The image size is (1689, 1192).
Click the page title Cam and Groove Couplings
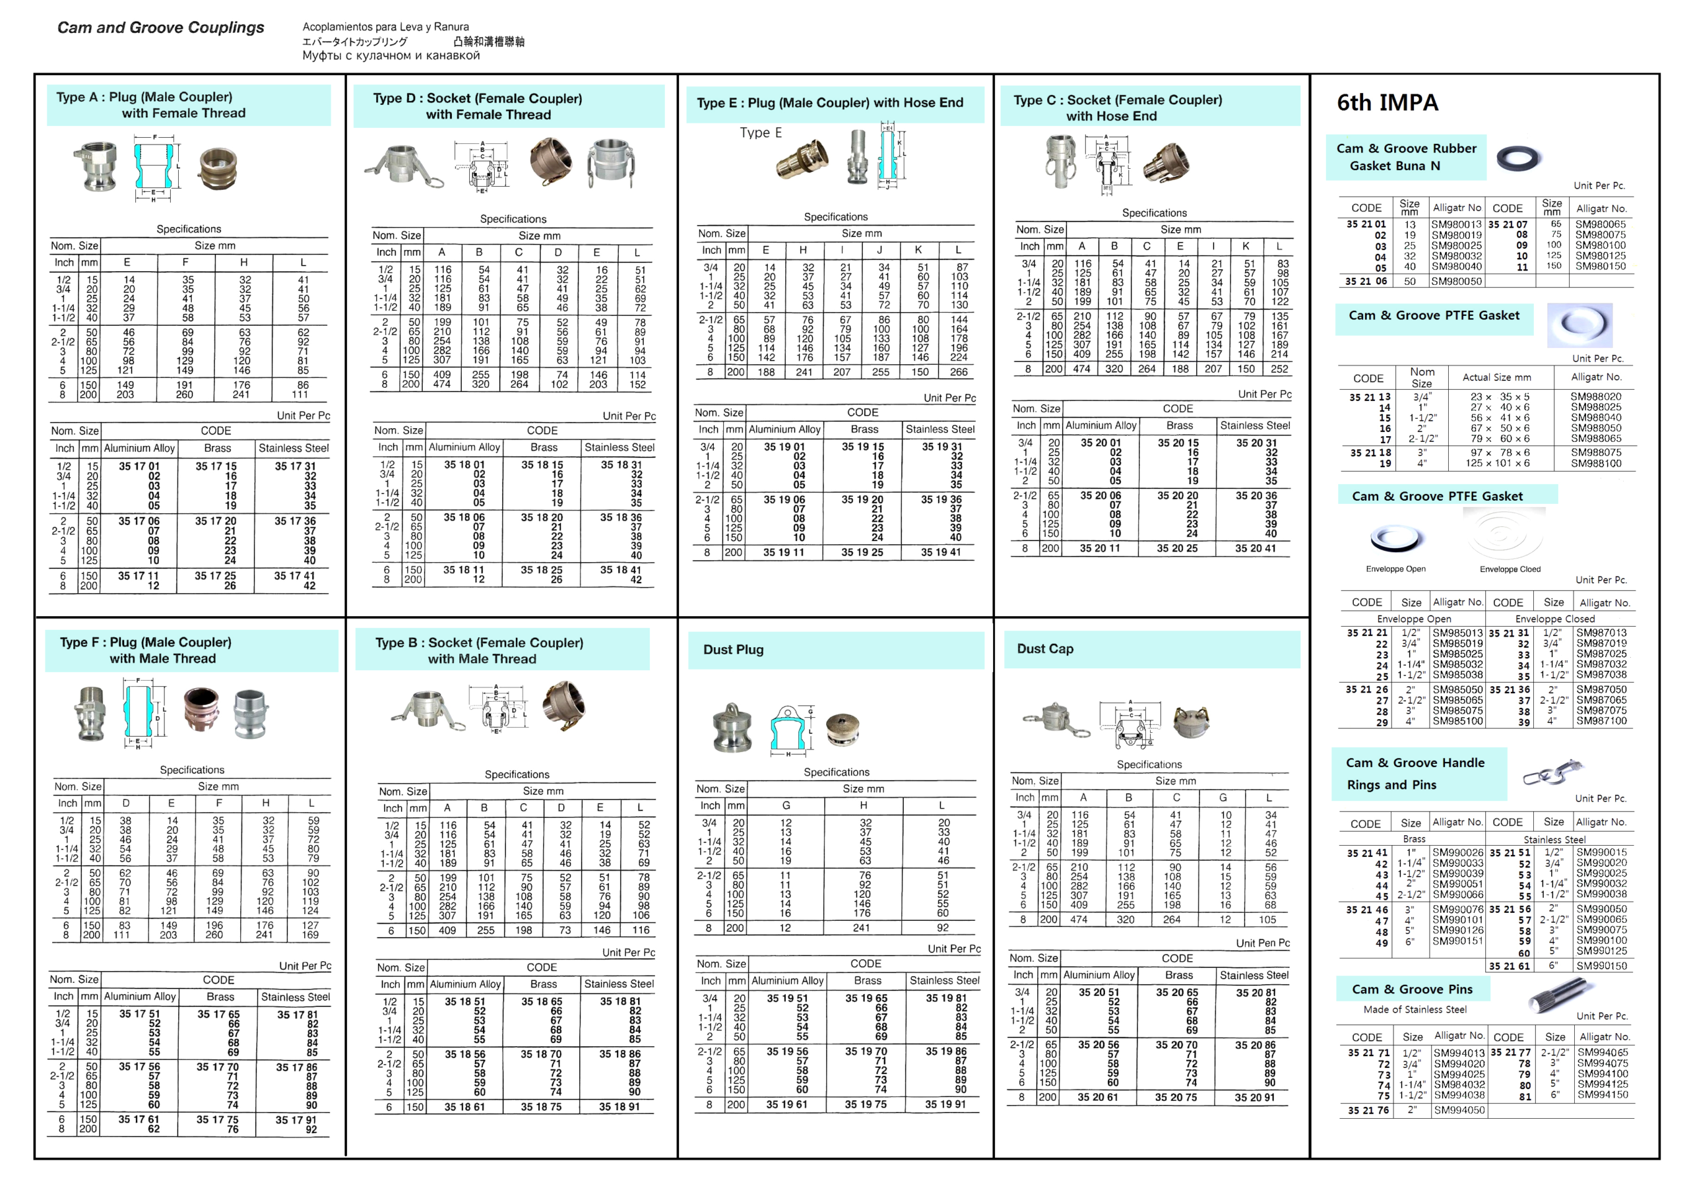point(160,28)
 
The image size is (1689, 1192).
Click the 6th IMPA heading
point(1387,102)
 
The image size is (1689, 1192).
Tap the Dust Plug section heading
point(734,649)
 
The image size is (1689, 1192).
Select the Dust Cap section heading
point(1045,648)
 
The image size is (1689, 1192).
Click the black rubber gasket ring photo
point(1518,158)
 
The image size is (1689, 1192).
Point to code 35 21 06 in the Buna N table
point(1366,281)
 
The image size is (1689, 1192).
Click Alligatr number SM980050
point(1457,281)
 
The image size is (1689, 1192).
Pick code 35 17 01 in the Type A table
point(139,466)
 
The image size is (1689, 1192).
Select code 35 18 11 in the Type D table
point(463,570)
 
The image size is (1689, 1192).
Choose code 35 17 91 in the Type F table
point(296,1120)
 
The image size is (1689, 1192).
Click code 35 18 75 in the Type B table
point(541,1107)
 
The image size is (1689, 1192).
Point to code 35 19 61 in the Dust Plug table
point(786,1104)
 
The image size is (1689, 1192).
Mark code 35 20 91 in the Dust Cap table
point(1255,1097)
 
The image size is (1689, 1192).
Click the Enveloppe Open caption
point(1395,569)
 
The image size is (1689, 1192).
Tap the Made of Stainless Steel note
point(1415,1010)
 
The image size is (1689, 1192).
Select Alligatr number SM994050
point(1458,1110)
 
